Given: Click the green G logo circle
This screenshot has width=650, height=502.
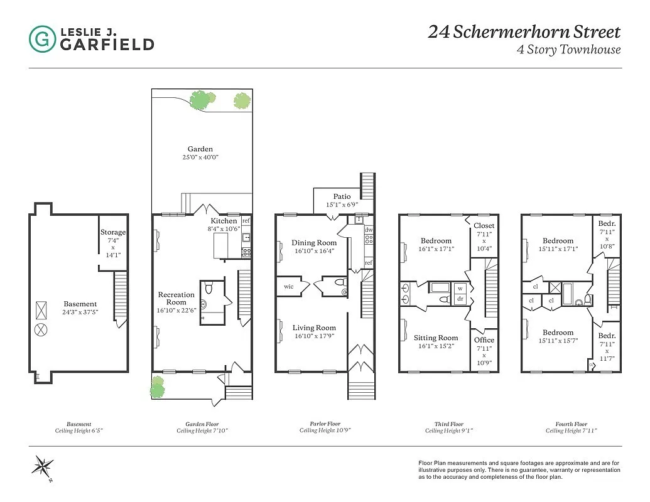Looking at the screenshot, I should click(42, 38).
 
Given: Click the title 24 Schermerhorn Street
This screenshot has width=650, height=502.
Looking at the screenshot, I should click(524, 32).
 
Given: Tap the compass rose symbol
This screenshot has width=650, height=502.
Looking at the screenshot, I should click(43, 466).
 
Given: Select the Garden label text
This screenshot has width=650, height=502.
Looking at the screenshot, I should click(200, 149).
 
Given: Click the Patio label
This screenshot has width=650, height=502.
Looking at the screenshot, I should click(342, 196).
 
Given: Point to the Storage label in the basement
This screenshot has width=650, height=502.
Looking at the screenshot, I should click(113, 232).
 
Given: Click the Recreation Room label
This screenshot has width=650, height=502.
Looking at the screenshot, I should click(176, 298).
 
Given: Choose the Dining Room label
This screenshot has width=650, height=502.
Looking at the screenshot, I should click(314, 243).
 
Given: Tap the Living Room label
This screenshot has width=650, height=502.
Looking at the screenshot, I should click(314, 328).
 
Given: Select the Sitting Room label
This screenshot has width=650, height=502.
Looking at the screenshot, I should click(436, 338).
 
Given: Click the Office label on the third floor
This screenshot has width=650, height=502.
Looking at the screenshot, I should click(484, 340).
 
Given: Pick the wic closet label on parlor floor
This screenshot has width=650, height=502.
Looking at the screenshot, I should click(289, 287).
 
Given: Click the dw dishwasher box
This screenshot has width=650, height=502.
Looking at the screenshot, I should click(368, 230).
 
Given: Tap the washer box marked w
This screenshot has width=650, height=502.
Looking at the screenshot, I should click(460, 289).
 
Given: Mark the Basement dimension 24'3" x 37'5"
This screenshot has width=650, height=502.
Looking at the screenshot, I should click(80, 312).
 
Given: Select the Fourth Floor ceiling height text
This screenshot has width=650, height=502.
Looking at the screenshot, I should click(571, 431).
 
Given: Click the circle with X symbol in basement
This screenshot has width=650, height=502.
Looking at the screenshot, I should click(41, 328).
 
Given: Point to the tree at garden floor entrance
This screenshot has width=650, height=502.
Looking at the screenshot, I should click(157, 387).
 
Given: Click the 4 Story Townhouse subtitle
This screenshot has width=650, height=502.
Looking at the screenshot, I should click(568, 50).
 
